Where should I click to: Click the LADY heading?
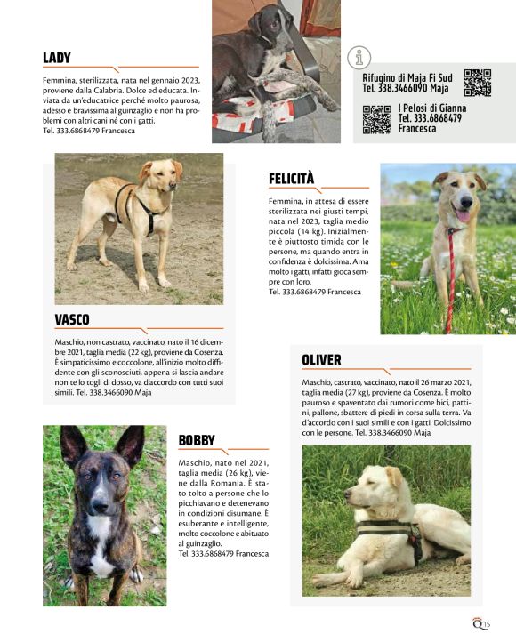click(57, 59)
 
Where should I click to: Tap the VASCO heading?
click(72, 319)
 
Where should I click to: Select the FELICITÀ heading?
click(291, 179)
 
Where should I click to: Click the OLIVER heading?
click(321, 359)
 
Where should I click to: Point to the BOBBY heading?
click(197, 439)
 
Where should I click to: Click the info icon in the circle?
click(359, 58)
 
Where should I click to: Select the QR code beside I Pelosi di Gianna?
click(376, 119)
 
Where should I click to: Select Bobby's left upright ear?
click(73, 445)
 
